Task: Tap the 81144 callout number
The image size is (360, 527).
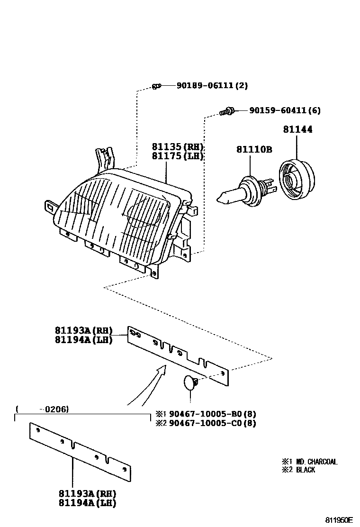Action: tap(297, 129)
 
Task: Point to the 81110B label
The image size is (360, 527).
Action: tap(254, 150)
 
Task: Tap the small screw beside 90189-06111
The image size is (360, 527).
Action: tap(157, 86)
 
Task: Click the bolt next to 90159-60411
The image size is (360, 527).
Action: tap(227, 111)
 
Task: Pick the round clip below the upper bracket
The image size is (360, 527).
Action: tap(190, 382)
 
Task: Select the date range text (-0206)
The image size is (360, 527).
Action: tap(42, 409)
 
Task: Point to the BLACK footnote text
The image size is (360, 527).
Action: tap(305, 470)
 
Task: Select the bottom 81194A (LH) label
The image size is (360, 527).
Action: tap(87, 503)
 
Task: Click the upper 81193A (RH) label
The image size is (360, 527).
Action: tap(83, 330)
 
